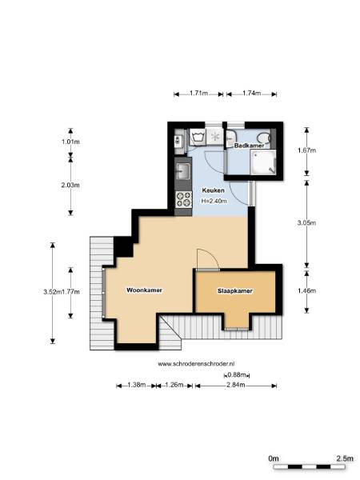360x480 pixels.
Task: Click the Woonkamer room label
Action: (144, 290)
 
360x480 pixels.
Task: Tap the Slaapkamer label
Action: (235, 291)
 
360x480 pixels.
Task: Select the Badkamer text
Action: (249, 146)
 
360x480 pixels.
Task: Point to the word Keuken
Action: (214, 190)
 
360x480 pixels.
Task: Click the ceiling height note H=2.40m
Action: (214, 201)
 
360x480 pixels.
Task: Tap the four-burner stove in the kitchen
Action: (183, 199)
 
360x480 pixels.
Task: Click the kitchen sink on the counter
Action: (183, 171)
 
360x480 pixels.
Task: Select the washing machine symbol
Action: (198, 137)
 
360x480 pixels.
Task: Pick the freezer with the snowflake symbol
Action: (215, 137)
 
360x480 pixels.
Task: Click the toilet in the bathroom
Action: (264, 138)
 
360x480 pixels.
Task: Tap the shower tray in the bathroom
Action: (263, 162)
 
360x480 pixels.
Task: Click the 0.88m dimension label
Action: (237, 374)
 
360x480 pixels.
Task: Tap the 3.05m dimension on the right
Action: (306, 223)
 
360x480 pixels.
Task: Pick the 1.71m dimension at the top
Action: (199, 93)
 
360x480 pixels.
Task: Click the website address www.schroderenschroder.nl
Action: (196, 364)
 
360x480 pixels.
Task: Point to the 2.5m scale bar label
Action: (345, 458)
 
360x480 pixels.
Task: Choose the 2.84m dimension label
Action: (236, 385)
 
